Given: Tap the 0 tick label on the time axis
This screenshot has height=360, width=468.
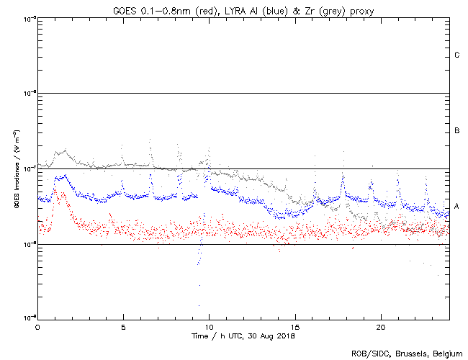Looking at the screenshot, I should (x=37, y=327).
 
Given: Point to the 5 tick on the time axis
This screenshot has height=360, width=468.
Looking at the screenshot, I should (x=123, y=327).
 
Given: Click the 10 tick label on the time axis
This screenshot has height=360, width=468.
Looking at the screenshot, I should (x=209, y=327).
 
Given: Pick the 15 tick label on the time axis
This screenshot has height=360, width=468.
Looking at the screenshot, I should (x=294, y=327).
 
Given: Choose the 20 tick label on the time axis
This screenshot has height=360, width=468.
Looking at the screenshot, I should (x=380, y=327).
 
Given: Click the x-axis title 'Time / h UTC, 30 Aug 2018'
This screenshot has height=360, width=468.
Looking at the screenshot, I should (x=243, y=336).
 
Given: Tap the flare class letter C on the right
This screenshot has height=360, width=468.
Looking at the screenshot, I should (x=457, y=55).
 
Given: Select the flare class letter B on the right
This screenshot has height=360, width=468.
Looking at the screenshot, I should (x=457, y=131).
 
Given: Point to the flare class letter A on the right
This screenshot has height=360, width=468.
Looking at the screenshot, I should (x=457, y=207).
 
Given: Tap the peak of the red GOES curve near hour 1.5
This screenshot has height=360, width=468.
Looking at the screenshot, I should (x=63, y=193).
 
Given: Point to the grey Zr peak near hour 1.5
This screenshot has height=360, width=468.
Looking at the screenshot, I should (x=65, y=151).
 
